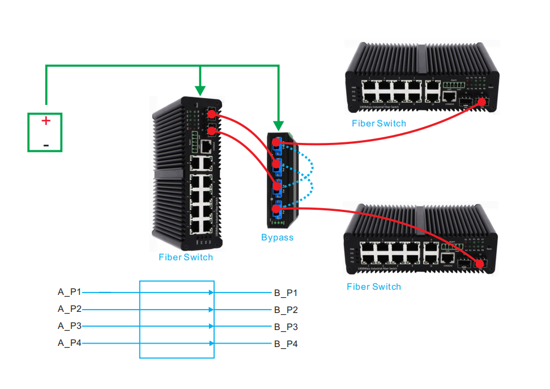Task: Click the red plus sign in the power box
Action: tap(46, 121)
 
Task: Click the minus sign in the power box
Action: tap(46, 146)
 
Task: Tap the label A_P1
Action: tap(70, 292)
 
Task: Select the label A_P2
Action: tap(70, 309)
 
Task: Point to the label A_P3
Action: tap(70, 326)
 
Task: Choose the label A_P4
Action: tap(70, 343)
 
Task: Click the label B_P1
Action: tap(286, 293)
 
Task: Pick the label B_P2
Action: tap(286, 310)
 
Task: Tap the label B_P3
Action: tap(286, 327)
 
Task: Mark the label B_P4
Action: tap(286, 344)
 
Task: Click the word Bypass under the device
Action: tap(278, 238)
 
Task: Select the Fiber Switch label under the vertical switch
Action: tap(186, 257)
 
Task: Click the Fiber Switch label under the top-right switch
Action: tap(379, 123)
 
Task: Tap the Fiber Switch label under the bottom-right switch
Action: tap(374, 287)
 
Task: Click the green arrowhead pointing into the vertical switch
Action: tap(200, 90)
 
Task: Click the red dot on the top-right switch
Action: tap(483, 102)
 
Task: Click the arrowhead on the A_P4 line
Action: tap(211, 343)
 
